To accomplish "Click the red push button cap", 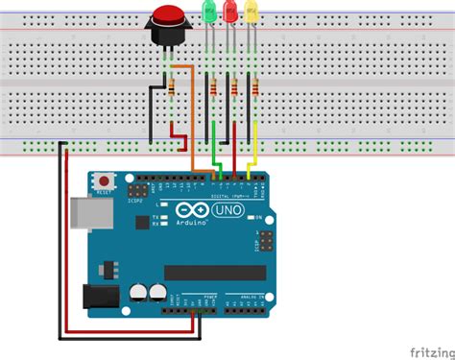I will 169,17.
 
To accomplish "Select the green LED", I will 209,12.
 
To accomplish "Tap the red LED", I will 230,12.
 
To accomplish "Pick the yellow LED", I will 251,12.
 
